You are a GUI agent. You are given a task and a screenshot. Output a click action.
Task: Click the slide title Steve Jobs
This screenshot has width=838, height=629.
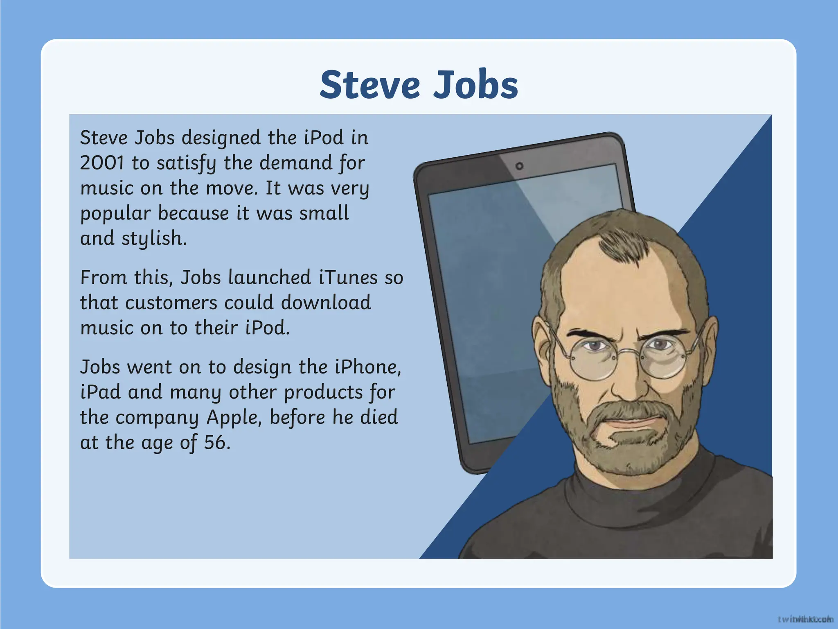click(x=419, y=85)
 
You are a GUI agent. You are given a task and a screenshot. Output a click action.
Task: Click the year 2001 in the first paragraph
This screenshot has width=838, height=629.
click(x=101, y=163)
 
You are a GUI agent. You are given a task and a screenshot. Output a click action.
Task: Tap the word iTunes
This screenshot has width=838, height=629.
click(x=348, y=278)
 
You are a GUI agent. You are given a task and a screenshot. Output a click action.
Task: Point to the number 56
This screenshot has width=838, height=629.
click(x=215, y=443)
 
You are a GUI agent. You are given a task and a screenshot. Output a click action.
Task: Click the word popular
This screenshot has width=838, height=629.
click(x=115, y=214)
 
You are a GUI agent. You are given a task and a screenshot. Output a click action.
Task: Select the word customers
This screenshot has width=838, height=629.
click(x=171, y=303)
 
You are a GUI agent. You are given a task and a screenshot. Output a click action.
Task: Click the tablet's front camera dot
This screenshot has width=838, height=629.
click(x=520, y=166)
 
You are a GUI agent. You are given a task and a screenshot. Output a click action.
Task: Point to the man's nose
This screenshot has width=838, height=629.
click(x=630, y=381)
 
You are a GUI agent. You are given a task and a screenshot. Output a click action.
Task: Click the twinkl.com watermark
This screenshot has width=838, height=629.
click(x=805, y=619)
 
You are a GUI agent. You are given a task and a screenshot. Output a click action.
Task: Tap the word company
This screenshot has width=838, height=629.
click(x=157, y=418)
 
